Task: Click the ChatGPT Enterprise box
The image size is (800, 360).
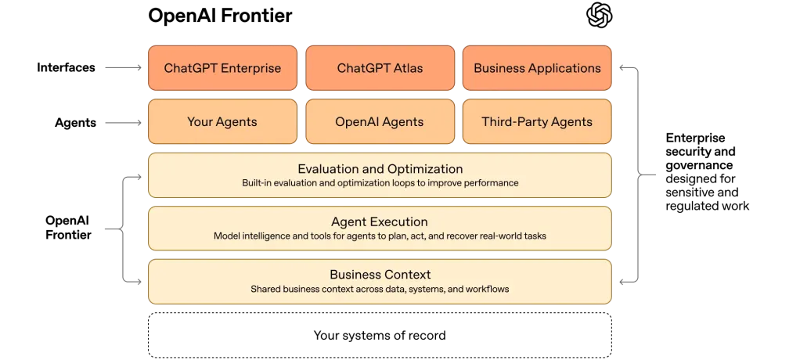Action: (222, 68)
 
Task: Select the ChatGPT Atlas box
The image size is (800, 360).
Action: (380, 68)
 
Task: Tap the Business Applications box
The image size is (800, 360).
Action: (537, 68)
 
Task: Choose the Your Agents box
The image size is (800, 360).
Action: (222, 122)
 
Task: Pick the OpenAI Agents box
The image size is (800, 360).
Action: (380, 122)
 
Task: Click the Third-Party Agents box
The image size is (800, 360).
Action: (537, 122)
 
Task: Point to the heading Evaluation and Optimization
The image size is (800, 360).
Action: (380, 169)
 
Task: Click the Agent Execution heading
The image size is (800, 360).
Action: (380, 222)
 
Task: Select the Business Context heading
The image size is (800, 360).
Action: (380, 275)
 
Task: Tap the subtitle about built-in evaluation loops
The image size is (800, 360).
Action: (380, 183)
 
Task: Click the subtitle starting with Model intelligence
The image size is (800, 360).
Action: (380, 236)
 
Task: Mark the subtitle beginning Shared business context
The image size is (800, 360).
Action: (380, 289)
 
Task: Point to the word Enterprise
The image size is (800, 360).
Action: (251, 68)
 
